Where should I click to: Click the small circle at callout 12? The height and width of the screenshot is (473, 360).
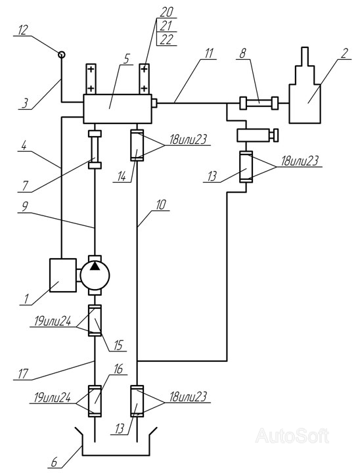click(x=61, y=55)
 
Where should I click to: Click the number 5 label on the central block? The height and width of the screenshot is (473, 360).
click(x=127, y=59)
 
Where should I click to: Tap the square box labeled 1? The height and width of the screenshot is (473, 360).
click(x=63, y=275)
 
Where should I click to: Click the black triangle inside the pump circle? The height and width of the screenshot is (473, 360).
click(x=95, y=267)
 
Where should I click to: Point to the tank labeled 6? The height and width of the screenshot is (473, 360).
click(x=116, y=441)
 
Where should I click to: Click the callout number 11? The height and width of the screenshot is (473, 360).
click(x=208, y=53)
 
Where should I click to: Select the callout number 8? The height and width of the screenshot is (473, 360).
click(x=242, y=53)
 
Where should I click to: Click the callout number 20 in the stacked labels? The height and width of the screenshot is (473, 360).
click(x=166, y=12)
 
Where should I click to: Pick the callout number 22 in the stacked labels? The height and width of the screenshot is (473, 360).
click(x=166, y=39)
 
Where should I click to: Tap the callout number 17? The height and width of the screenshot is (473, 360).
click(x=23, y=374)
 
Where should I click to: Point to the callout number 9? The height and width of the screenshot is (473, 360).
click(x=25, y=207)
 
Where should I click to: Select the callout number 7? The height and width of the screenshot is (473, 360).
click(x=26, y=186)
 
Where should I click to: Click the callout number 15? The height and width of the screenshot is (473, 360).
click(x=118, y=346)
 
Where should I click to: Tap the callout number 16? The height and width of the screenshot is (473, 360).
click(x=119, y=369)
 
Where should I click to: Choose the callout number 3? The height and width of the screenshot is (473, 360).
click(x=26, y=103)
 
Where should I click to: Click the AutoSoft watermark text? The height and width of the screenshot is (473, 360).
click(x=292, y=436)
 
